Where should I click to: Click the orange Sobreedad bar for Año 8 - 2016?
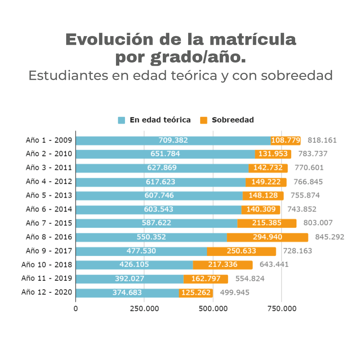coord(267,237)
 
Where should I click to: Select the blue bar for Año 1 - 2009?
coord(173,140)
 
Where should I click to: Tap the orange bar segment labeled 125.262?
coord(196,293)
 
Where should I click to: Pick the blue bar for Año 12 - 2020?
coord(127,293)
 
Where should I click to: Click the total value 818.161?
coord(322,140)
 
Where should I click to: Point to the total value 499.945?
coord(235,293)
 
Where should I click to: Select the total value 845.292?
coord(330,237)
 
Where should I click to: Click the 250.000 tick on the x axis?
coord(144,309)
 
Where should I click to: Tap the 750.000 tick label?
coord(281,309)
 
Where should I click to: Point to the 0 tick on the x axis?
coord(76,309)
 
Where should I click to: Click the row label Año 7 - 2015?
coord(49,223)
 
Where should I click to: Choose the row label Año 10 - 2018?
coord(47,265)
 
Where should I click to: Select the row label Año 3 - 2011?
coord(49,168)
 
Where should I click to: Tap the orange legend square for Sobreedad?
coord(204,120)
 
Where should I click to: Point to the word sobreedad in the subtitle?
coord(297,76)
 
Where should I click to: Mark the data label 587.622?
coord(156,223)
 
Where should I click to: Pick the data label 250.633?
coord(241,251)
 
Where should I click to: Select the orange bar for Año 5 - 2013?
coord(263,196)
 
